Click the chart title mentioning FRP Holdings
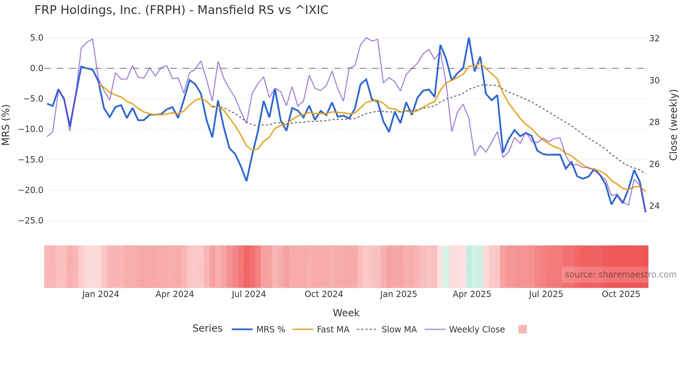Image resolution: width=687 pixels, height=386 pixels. [x=181, y=10]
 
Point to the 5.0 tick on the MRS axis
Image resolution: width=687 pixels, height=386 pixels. [x=36, y=38]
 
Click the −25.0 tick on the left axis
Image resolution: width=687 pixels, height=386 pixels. [x=31, y=221]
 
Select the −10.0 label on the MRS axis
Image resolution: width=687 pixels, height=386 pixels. [x=31, y=129]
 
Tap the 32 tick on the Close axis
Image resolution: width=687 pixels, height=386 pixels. [x=654, y=39]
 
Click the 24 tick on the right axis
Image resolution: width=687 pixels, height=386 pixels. [x=654, y=206]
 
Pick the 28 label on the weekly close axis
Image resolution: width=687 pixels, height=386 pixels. [x=654, y=122]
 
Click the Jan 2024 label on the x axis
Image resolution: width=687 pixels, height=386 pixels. [x=101, y=294]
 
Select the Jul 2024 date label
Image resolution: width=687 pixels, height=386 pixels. [x=249, y=294]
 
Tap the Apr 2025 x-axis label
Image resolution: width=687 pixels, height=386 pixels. [x=472, y=294]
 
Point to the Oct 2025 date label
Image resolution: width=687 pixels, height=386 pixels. [x=621, y=294]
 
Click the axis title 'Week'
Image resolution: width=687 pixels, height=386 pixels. [x=346, y=313]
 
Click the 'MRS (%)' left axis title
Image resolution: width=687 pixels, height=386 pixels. [x=6, y=125]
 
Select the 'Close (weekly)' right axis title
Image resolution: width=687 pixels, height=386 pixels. [x=673, y=125]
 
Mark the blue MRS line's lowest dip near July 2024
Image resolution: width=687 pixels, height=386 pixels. [x=246, y=181]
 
